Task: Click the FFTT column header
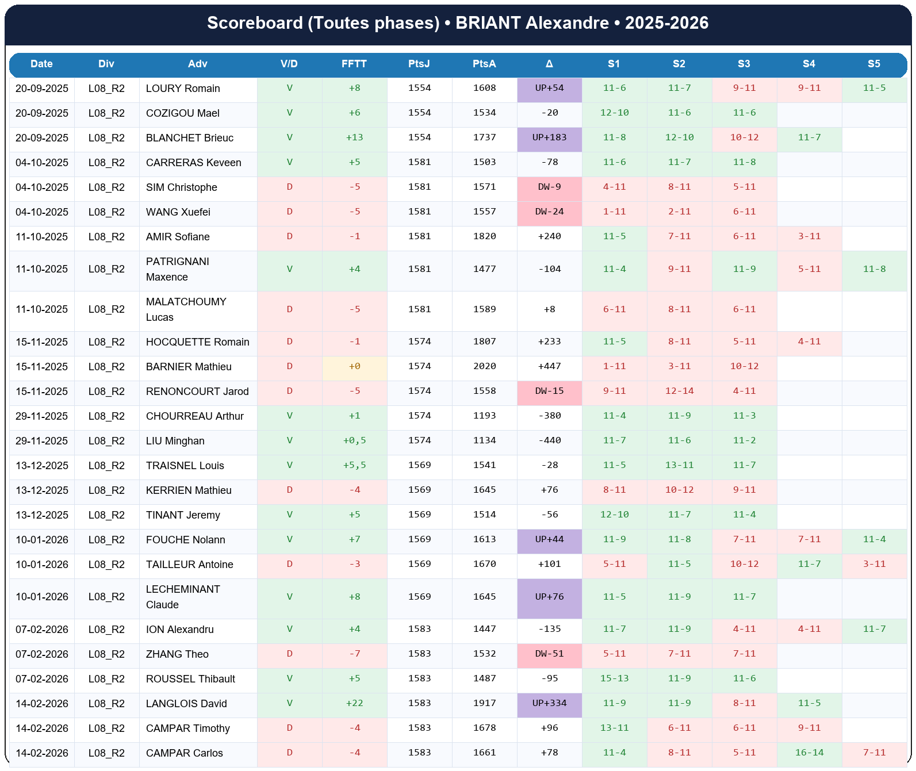coord(354,64)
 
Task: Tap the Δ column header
coord(549,64)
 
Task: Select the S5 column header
coord(873,64)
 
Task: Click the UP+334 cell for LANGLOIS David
coord(549,703)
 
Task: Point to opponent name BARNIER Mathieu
coord(189,367)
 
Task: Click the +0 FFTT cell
coord(354,366)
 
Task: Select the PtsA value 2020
coord(484,366)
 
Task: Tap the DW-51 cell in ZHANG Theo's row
coord(549,654)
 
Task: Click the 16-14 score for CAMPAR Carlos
coord(809,753)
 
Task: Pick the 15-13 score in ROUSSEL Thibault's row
coord(614,678)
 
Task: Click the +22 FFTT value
coord(354,703)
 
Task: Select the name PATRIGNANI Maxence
coord(177,269)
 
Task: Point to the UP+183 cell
coord(549,137)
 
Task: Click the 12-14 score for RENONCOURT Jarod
coord(679,391)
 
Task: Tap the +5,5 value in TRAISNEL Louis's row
coord(354,465)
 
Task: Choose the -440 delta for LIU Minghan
coord(549,440)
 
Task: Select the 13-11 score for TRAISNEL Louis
coord(679,465)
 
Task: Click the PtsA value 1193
coord(484,416)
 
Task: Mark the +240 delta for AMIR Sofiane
coord(549,236)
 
